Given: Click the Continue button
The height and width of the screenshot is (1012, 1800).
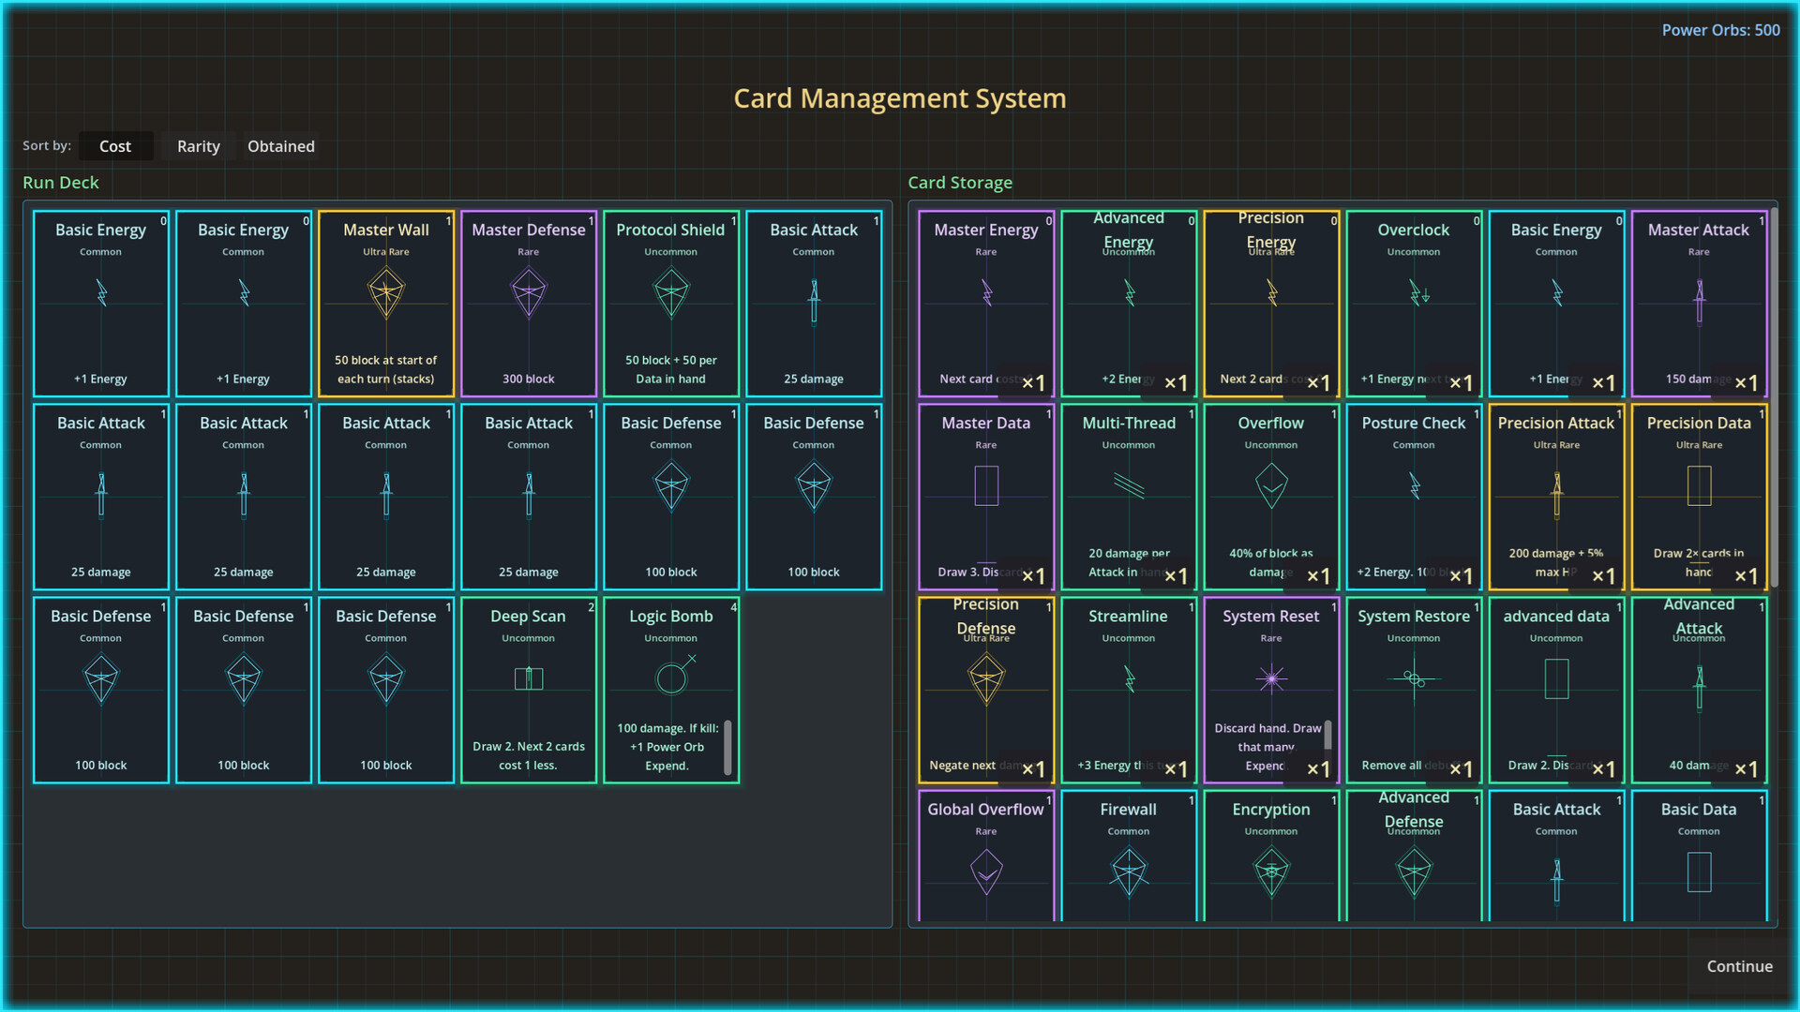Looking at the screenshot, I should coord(1739,966).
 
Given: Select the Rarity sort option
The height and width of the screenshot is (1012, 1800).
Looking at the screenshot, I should coord(199,146).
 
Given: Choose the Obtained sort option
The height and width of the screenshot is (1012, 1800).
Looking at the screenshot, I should coord(281,146).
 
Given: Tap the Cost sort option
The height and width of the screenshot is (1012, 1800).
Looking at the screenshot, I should coord(115,146).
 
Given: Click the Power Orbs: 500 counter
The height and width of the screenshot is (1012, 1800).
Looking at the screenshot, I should coord(1720,30).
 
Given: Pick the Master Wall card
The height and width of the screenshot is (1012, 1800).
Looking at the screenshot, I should coord(386,304).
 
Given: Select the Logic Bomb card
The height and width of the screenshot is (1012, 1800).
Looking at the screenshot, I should coord(671,690).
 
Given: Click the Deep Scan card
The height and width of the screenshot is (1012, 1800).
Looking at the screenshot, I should coord(529,690).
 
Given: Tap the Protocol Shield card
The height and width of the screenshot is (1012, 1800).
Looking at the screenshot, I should coord(671,304).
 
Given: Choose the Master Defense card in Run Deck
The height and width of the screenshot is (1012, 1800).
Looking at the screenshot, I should coord(529,304).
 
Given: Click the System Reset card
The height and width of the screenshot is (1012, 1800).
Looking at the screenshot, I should coord(1271,690).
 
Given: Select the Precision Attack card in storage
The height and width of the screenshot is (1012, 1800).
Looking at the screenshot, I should coord(1556,497).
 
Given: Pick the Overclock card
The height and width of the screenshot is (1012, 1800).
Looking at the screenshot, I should coord(1414,304).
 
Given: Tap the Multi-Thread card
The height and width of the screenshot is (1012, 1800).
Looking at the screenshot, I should coord(1129,497).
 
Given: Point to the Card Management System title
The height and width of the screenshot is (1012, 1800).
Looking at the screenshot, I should coord(900,98).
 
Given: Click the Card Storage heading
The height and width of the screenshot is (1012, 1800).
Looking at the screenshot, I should coord(960,183).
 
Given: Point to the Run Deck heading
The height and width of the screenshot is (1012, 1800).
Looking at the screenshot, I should coord(61,183).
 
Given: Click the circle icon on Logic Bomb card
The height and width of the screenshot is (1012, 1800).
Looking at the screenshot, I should coord(671,677).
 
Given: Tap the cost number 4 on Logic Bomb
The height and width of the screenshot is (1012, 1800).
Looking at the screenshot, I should coord(733,607).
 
